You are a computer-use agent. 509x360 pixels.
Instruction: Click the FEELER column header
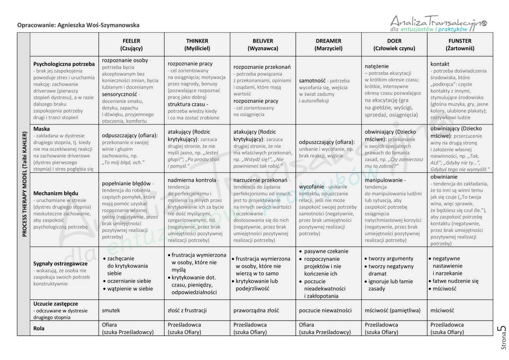coord(131,45)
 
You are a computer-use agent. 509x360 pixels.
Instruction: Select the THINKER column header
coord(197,45)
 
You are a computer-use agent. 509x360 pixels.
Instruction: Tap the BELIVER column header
coord(263,45)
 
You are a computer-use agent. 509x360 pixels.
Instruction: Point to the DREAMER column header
coord(328,45)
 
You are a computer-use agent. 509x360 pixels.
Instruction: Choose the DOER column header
coord(394,45)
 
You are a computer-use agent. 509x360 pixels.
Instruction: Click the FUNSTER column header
coord(460,45)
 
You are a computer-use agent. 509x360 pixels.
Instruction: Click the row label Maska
coord(42,129)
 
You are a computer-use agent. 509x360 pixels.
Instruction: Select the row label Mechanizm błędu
coord(56,193)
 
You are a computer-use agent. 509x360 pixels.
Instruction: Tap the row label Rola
coord(39,328)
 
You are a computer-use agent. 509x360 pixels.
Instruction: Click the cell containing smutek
coord(111,310)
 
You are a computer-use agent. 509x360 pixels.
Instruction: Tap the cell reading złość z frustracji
coord(187,310)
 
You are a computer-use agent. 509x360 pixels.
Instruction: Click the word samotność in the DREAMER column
coord(312,80)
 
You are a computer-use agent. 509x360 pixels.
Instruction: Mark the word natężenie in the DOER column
coord(377,66)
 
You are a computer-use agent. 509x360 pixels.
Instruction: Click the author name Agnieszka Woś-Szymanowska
coord(98,25)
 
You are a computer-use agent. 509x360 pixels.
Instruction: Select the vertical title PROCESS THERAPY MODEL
coord(24,187)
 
